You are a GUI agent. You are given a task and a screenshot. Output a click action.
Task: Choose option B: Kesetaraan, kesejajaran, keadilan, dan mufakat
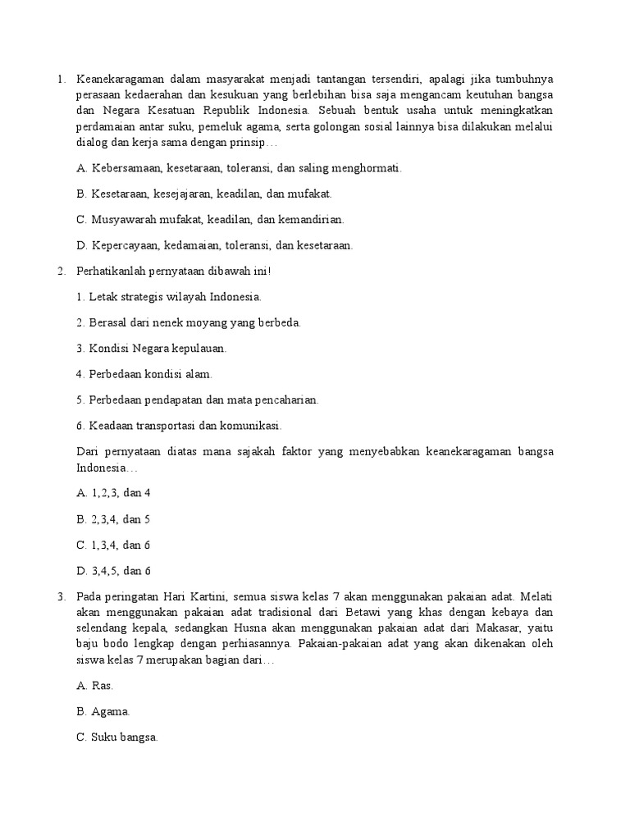[x=203, y=194]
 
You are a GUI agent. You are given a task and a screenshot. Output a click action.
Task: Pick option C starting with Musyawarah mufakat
[x=210, y=219]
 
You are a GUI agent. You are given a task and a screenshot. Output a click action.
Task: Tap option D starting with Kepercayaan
[x=214, y=244]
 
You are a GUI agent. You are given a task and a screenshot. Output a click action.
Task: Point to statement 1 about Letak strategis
[x=169, y=296]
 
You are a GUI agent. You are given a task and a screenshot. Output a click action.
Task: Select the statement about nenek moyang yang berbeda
[x=189, y=322]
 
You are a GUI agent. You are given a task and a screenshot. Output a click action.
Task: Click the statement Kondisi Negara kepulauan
[x=152, y=348]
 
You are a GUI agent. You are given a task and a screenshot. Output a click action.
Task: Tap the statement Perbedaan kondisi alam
[x=144, y=374]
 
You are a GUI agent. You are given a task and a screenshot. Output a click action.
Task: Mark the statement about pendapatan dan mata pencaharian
[x=197, y=399]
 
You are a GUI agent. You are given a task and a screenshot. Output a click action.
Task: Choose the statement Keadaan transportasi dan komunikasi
[x=179, y=426]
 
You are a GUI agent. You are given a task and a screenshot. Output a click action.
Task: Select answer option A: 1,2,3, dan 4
[x=114, y=493]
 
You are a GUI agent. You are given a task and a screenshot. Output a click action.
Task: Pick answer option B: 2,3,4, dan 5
[x=113, y=519]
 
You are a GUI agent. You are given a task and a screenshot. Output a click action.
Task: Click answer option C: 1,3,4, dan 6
[x=113, y=545]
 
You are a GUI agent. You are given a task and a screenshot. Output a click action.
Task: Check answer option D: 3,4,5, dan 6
[x=113, y=571]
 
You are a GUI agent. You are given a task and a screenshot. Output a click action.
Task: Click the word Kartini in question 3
[x=214, y=596]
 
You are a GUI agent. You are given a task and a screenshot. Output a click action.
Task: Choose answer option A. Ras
[x=94, y=685]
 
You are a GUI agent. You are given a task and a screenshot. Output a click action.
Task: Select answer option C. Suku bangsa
[x=116, y=737]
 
